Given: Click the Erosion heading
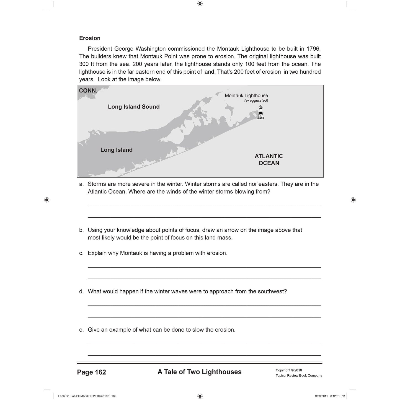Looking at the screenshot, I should point(90,38).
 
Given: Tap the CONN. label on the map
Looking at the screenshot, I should point(88,91).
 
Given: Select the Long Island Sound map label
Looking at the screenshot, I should point(134,107).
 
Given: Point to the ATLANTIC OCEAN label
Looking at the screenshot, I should point(269,160).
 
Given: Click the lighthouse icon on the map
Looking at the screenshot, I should point(260,112).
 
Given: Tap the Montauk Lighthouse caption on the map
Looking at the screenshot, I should point(246,96).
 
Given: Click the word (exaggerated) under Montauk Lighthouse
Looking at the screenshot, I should point(256,101).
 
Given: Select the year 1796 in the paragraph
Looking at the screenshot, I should point(313,49).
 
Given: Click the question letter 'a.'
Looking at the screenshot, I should point(81,184).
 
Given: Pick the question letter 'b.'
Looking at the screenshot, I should point(81,230).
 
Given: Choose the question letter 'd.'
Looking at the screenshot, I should point(81,291).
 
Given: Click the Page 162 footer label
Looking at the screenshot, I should point(91,372).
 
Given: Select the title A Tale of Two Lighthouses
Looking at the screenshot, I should point(199,372).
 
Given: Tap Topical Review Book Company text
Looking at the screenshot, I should point(299,376).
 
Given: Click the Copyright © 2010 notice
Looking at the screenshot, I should point(289,370).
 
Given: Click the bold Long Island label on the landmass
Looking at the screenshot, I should point(116,150).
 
